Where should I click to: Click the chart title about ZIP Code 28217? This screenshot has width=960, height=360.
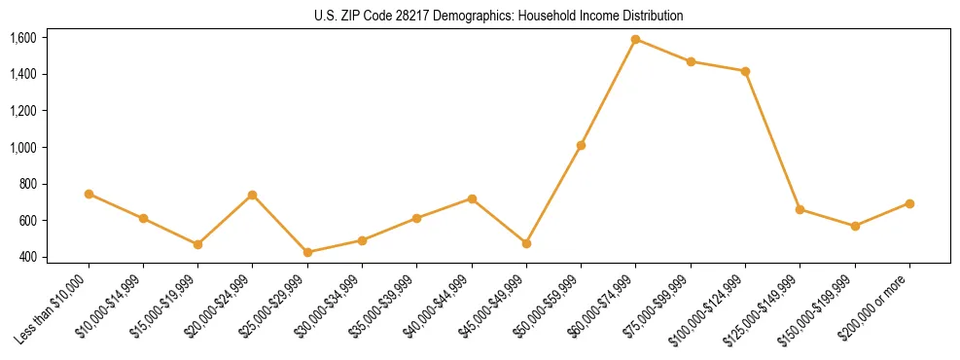(x=498, y=16)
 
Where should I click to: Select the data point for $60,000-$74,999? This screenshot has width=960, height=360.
(x=635, y=40)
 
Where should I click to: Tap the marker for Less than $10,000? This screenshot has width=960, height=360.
(x=89, y=194)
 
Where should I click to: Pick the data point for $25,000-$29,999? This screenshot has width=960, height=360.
(x=307, y=252)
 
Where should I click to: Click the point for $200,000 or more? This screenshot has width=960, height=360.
(x=909, y=203)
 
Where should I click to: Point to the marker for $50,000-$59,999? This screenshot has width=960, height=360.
(x=581, y=145)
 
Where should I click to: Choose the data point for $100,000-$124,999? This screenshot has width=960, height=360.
(x=745, y=71)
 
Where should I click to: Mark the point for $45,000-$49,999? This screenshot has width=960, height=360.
(x=526, y=243)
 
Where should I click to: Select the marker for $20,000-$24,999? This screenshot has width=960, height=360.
(x=253, y=195)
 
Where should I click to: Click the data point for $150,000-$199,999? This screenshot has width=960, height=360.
(x=855, y=226)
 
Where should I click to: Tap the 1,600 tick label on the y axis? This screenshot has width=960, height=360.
(x=22, y=38)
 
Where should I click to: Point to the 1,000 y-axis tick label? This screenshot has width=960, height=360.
(x=22, y=148)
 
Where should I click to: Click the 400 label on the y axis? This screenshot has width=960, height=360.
(x=26, y=258)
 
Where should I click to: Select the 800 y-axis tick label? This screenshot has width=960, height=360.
(x=26, y=184)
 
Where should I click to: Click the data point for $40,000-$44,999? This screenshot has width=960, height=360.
(x=472, y=198)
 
